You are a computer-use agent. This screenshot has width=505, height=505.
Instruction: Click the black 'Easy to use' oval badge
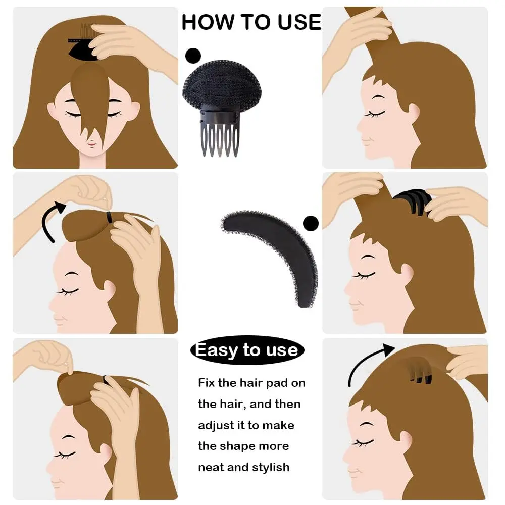tap(247, 350)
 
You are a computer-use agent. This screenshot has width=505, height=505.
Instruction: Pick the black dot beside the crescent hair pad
tap(310, 223)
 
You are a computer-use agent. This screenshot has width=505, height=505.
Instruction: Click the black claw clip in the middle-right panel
tap(411, 202)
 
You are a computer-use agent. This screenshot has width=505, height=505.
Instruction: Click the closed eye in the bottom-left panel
tap(65, 454)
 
